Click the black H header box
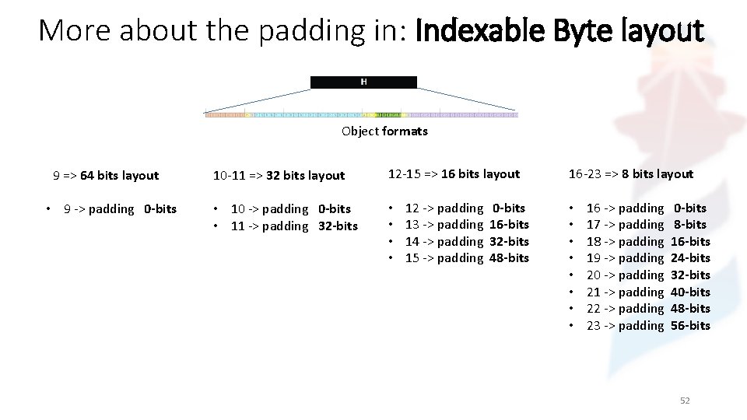pyautogui.click(x=363, y=82)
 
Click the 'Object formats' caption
pyautogui.click(x=384, y=131)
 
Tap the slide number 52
pyautogui.click(x=685, y=401)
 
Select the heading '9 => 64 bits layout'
pyautogui.click(x=106, y=175)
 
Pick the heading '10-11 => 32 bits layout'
pyautogui.click(x=279, y=175)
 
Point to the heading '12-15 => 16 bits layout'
pyautogui.click(x=454, y=173)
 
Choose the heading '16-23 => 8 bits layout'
pyautogui.click(x=630, y=173)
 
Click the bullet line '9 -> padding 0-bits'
pyautogui.click(x=120, y=208)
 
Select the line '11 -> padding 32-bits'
pyautogui.click(x=294, y=226)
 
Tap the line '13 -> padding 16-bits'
pyautogui.click(x=467, y=224)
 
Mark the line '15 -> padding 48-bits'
pyautogui.click(x=467, y=257)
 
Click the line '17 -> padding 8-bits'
pyautogui.click(x=646, y=224)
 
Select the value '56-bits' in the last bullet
pyautogui.click(x=690, y=325)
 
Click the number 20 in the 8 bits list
pyautogui.click(x=594, y=275)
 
